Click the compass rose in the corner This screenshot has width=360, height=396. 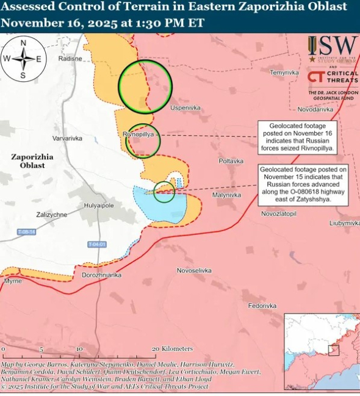(x=23, y=59)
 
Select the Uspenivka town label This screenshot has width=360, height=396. (x=185, y=108)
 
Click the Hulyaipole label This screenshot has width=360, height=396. (x=99, y=206)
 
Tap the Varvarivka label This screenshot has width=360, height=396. (x=67, y=139)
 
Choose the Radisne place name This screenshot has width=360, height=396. (x=70, y=59)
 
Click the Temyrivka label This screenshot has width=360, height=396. (x=285, y=73)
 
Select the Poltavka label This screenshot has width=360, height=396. (x=231, y=161)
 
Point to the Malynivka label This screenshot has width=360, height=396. (x=226, y=195)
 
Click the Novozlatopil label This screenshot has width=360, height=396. (x=278, y=214)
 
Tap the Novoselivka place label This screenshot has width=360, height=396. (x=194, y=270)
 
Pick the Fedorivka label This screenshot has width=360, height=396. (x=262, y=306)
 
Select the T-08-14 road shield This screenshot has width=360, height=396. (x=26, y=232)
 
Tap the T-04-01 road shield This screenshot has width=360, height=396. (x=97, y=245)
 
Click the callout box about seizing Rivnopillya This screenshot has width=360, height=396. (x=297, y=136)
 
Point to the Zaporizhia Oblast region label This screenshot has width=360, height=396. (x=32, y=161)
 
